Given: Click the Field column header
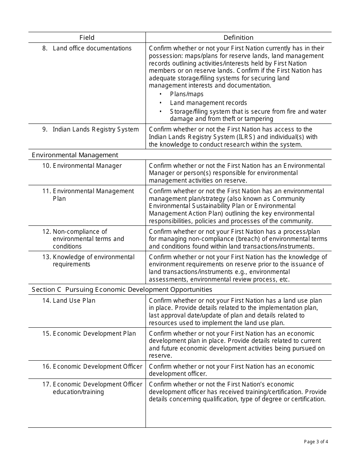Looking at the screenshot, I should tap(87, 38).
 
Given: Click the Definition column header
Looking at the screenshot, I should tap(238, 38).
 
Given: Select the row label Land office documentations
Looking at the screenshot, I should tap(92, 48).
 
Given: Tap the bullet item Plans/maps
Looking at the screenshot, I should tap(186, 94).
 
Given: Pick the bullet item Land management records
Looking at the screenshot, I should tap(208, 103).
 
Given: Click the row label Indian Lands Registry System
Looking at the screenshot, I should tap(95, 129).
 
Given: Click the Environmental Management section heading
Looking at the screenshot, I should tap(75, 155).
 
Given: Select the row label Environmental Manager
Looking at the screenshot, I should tap(87, 166).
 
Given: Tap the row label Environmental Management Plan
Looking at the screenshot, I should tap(93, 195).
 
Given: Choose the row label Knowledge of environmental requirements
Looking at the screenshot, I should tap(93, 260).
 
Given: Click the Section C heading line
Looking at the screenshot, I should tap(122, 289).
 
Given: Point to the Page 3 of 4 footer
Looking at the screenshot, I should tap(316, 441).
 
